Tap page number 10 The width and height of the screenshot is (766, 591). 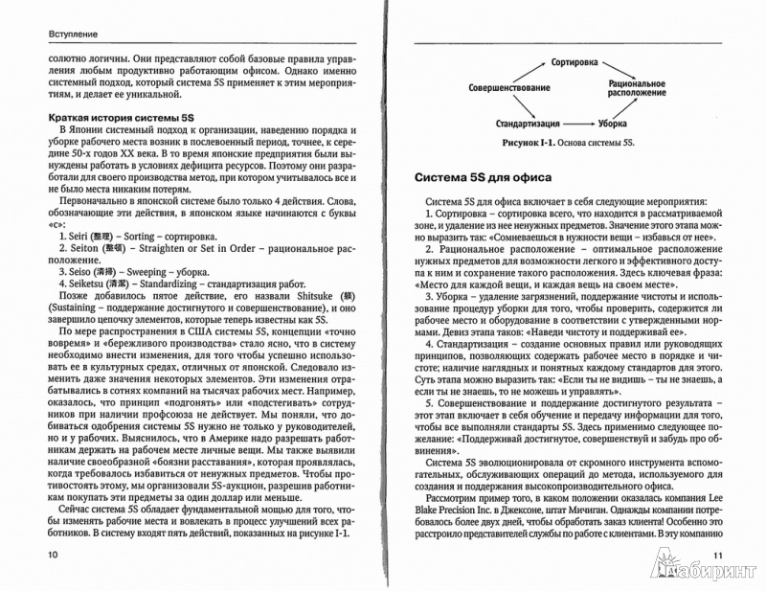tap(39, 555)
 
